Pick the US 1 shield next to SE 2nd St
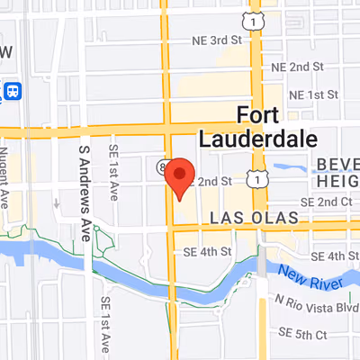click(260, 181)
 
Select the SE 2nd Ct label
click(327, 201)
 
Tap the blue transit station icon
click(13, 92)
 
